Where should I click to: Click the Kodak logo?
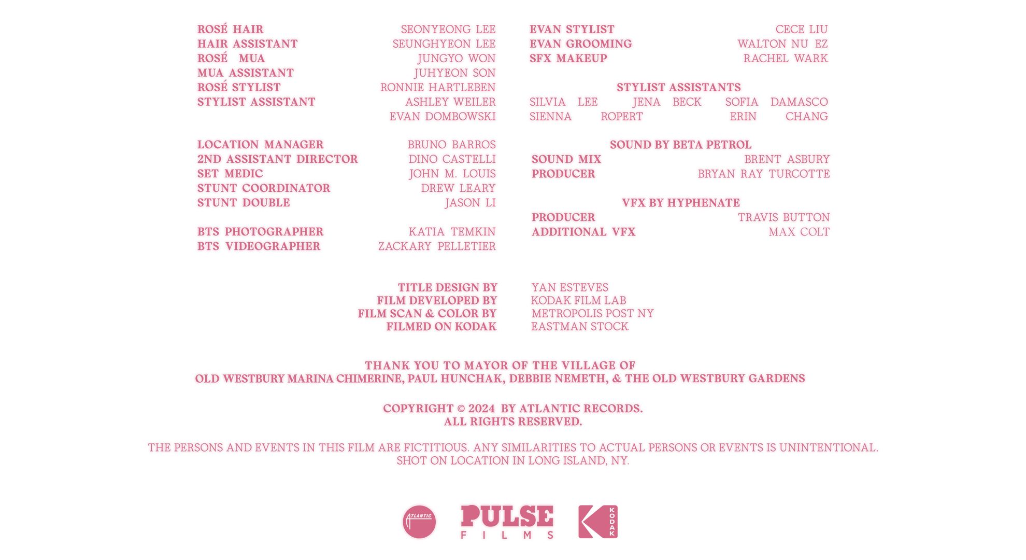coord(598,521)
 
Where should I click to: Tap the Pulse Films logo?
coord(507,521)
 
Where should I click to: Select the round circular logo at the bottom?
coord(419,521)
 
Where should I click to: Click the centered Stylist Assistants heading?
coord(679,87)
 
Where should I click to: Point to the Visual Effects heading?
coord(680,203)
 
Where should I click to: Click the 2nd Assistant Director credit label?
coord(278,159)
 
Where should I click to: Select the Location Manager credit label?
coord(260,145)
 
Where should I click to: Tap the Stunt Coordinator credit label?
coord(264,188)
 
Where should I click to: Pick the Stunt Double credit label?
coord(244,203)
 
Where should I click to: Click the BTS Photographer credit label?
coord(260,232)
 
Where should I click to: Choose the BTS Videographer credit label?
coord(259,246)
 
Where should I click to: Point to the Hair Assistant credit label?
coord(247,44)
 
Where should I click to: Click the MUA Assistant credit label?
coord(246,73)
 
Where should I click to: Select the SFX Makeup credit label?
coord(568,59)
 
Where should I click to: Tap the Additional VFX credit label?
coord(583,232)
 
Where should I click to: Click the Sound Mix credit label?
coord(566,159)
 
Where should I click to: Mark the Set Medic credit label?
coord(230,174)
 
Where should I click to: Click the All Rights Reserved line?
coord(512,423)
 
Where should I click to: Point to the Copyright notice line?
coord(512,409)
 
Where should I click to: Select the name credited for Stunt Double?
coord(471,203)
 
